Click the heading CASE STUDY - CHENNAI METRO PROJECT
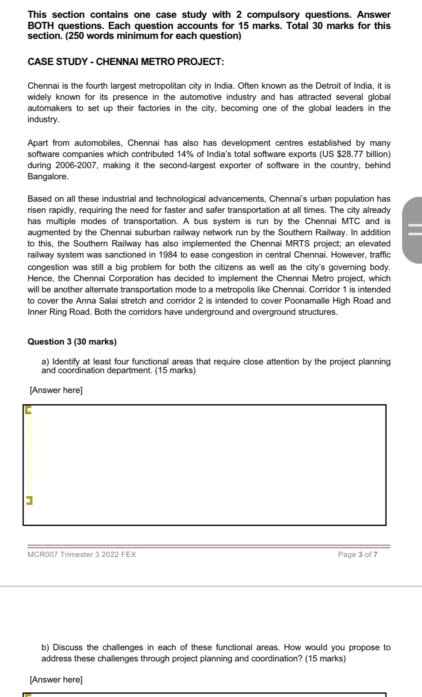(125, 62)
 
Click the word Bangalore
(47, 177)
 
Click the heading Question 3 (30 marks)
(72, 342)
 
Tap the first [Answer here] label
(56, 391)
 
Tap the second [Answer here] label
(56, 680)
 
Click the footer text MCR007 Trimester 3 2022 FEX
(82, 555)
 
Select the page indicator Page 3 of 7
(357, 555)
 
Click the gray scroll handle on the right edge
(413, 230)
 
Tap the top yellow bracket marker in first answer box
(28, 410)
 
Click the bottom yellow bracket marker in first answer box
(29, 501)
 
